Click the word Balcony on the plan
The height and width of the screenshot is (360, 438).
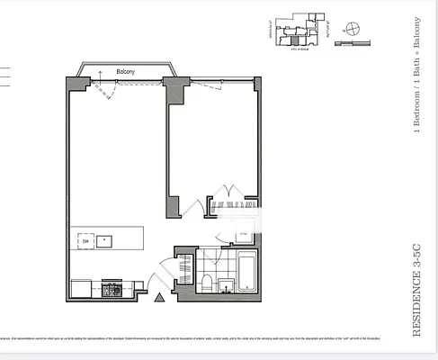(x=127, y=71)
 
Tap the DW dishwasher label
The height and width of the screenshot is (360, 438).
(x=85, y=241)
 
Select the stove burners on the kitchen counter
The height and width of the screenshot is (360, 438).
(x=114, y=290)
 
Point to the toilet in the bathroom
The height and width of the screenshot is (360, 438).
(x=206, y=283)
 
